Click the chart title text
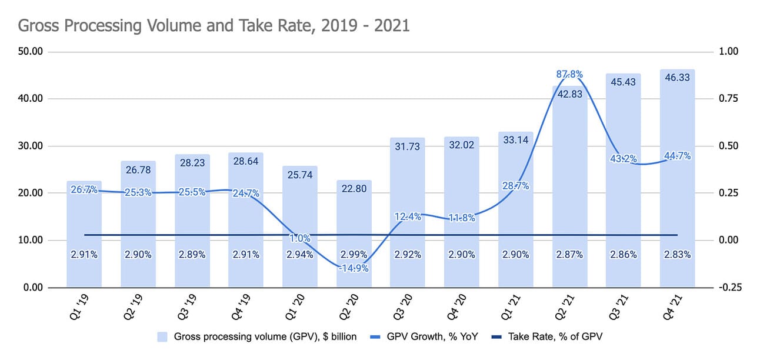pyautogui.click(x=214, y=26)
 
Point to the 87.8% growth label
pyautogui.click(x=569, y=75)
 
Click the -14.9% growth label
pyautogui.click(x=354, y=268)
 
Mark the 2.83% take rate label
pyautogui.click(x=677, y=255)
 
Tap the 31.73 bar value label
pyautogui.click(x=408, y=146)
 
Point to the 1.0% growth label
pyautogui.click(x=300, y=239)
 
